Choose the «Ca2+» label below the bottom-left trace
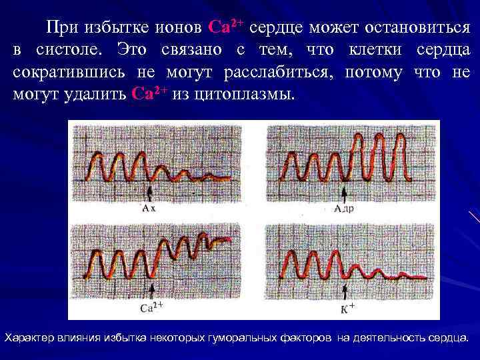pos(153,308)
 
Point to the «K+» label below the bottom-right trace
pos(347,308)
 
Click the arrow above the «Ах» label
pos(150,194)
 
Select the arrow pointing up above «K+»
pos(345,292)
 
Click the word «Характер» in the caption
pos(31,337)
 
